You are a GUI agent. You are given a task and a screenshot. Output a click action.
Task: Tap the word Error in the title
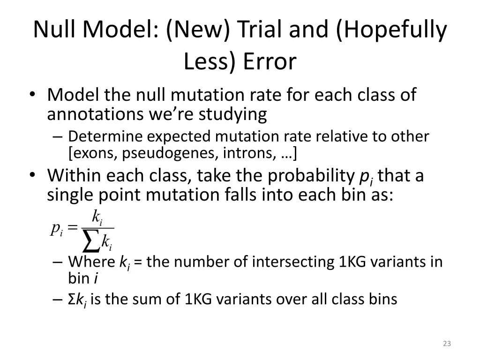(270, 61)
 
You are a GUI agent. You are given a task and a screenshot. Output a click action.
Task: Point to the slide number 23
(447, 344)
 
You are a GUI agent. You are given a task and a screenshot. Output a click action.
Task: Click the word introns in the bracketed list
(243, 152)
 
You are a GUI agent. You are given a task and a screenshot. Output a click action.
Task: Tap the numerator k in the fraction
(96, 216)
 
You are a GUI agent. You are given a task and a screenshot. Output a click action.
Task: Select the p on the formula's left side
(56, 228)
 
